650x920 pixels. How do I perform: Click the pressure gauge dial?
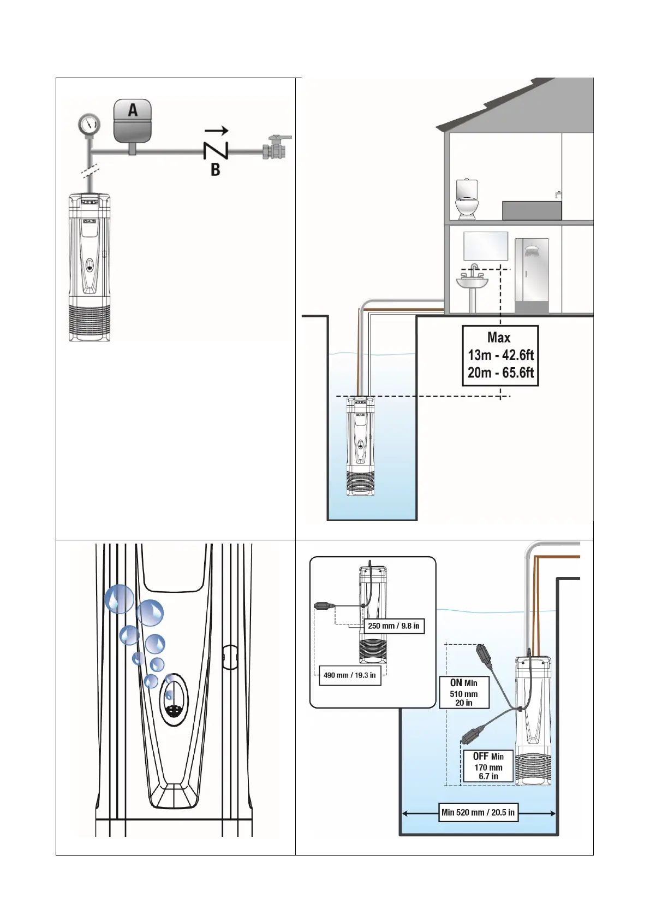(x=88, y=124)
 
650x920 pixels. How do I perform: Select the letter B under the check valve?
(x=216, y=169)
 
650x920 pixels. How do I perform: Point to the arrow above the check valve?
(x=216, y=131)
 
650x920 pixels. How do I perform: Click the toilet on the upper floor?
(x=467, y=199)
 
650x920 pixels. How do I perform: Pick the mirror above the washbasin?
(x=485, y=246)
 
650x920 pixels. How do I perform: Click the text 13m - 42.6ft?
(x=500, y=355)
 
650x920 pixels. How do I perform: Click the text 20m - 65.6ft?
(x=500, y=373)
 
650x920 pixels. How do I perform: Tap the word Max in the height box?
(x=499, y=338)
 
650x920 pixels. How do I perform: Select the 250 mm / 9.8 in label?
(x=393, y=626)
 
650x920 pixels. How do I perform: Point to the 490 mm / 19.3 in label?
(x=349, y=675)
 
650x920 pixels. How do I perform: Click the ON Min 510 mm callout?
(x=464, y=693)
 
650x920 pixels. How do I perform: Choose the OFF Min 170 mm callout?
(x=488, y=766)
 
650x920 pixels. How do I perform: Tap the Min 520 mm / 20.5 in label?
(x=478, y=812)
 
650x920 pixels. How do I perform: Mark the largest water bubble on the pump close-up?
(x=119, y=599)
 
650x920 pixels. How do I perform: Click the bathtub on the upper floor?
(x=532, y=210)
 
